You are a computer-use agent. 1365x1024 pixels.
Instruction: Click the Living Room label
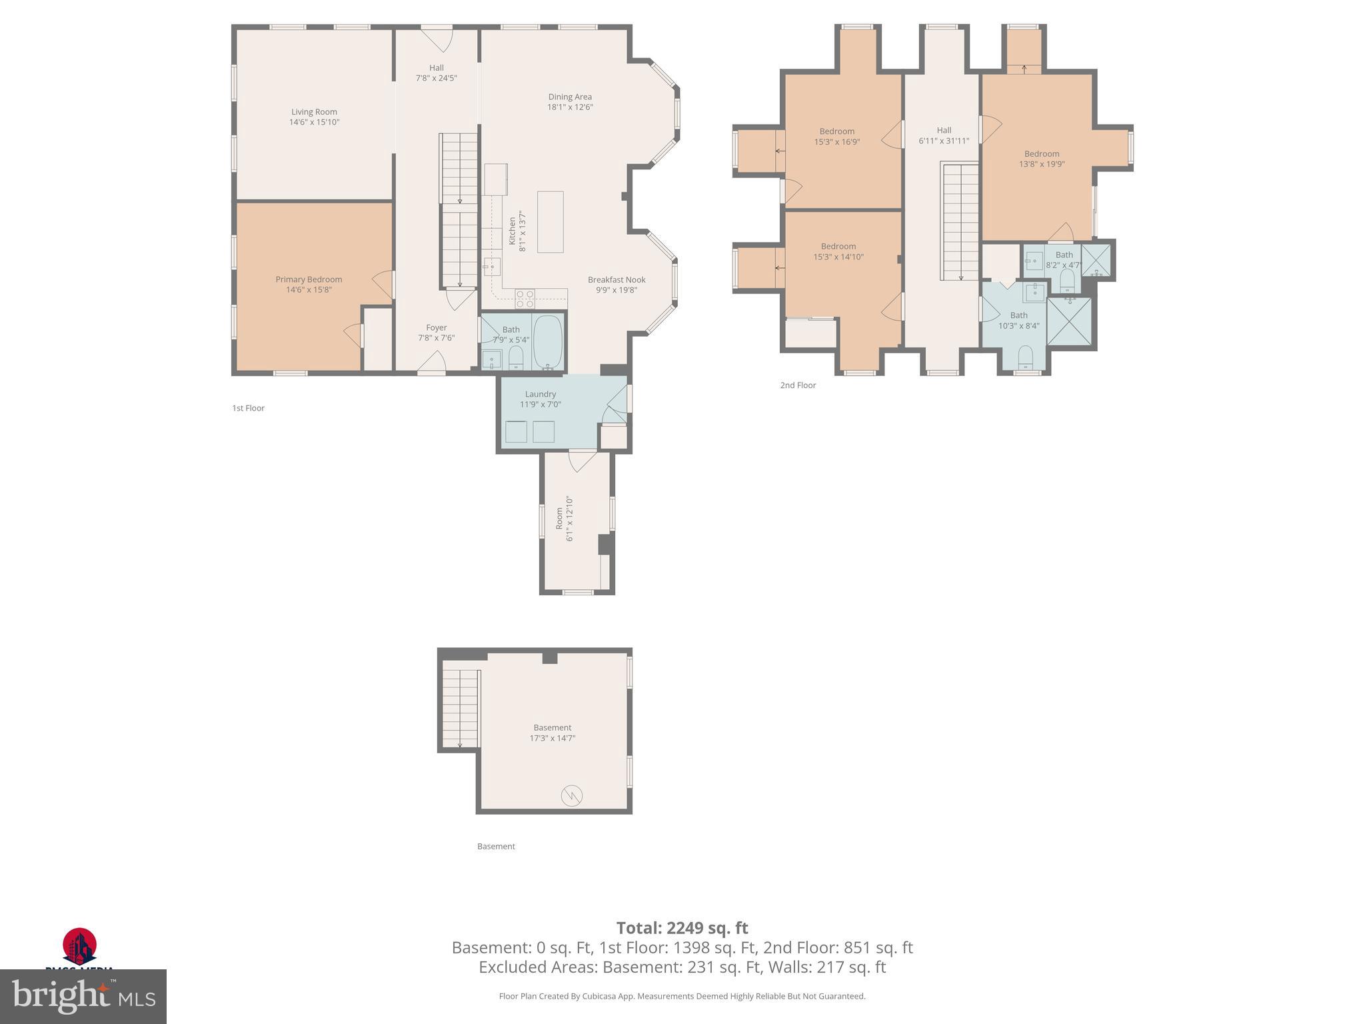click(x=314, y=112)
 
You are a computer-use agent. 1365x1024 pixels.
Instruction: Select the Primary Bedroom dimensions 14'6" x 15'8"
click(x=309, y=290)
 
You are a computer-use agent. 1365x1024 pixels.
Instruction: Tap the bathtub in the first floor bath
click(x=548, y=342)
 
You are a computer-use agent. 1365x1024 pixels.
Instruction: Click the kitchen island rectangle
click(x=550, y=221)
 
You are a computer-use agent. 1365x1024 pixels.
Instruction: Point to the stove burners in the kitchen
click(x=525, y=298)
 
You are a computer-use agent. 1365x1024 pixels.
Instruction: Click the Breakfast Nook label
click(x=617, y=280)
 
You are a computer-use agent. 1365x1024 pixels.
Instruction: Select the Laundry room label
click(x=540, y=394)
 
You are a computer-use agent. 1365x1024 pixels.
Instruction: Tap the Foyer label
click(x=437, y=327)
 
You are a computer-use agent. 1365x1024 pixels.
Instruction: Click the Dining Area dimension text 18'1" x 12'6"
click(x=570, y=107)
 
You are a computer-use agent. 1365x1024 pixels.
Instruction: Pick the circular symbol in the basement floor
click(x=572, y=795)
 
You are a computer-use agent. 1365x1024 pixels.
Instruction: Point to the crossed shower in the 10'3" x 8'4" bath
click(x=1069, y=321)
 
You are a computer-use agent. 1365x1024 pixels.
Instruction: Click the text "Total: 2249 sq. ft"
click(x=682, y=928)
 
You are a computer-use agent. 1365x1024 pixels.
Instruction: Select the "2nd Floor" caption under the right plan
click(x=798, y=385)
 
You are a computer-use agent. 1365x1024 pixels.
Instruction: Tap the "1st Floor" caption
click(x=248, y=408)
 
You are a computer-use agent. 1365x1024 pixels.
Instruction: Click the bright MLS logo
click(x=83, y=997)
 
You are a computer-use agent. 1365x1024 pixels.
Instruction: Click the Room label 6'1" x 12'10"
click(x=565, y=518)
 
